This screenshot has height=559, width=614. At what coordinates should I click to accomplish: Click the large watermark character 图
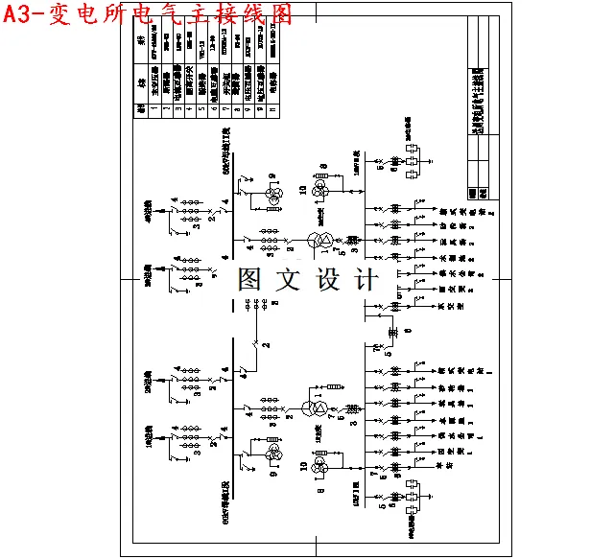tap(250, 279)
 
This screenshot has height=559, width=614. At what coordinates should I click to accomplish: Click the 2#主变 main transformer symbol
tap(326, 239)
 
